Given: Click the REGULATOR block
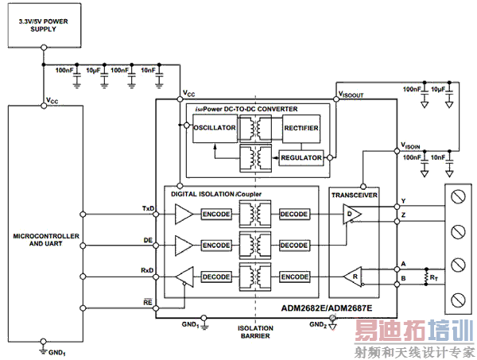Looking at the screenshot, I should tap(301, 157).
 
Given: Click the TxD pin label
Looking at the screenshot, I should tap(148, 208).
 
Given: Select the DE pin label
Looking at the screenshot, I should tap(149, 239).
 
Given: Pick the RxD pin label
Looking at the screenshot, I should tap(148, 270).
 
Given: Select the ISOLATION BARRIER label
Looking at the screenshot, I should tap(254, 331).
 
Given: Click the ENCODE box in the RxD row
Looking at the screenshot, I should tap(294, 277).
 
